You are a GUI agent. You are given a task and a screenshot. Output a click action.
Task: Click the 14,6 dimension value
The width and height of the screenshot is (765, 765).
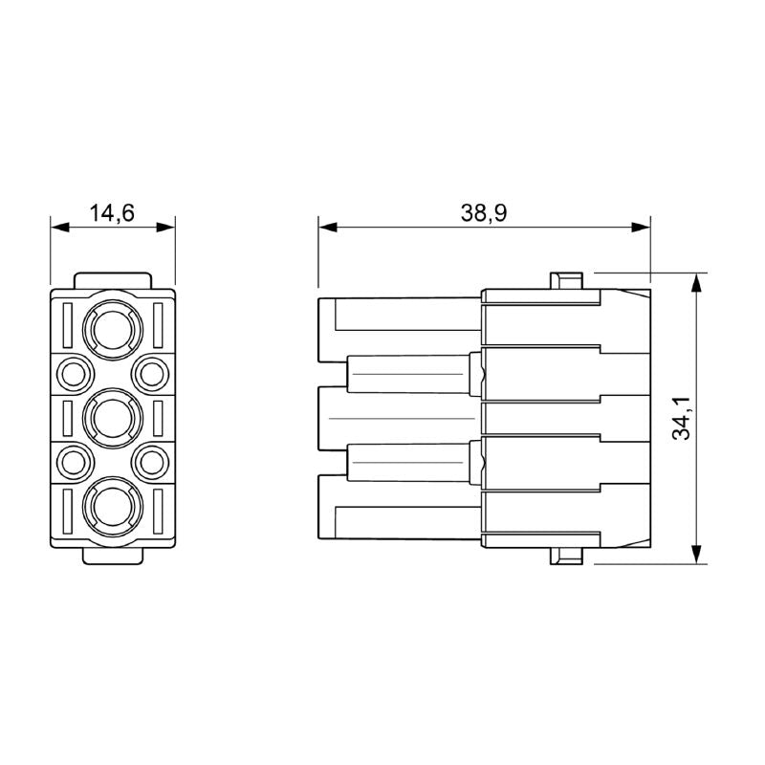tap(112, 212)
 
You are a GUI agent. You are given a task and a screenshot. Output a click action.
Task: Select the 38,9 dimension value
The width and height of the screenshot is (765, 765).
tap(483, 212)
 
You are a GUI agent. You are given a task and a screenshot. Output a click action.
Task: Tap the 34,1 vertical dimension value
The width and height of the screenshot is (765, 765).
tap(681, 419)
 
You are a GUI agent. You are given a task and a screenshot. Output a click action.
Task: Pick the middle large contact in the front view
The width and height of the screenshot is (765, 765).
tap(113, 418)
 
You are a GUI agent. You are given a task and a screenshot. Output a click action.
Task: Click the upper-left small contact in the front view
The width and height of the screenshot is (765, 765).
tap(73, 371)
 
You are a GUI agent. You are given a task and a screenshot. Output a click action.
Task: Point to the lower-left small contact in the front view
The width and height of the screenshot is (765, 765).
tap(73, 463)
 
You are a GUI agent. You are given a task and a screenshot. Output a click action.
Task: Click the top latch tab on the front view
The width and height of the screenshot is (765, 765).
tap(113, 280)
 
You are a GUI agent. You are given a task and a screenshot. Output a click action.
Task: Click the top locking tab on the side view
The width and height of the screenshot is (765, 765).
tap(565, 281)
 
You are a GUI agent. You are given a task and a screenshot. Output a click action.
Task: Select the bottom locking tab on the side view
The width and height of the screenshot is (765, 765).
tap(565, 557)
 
